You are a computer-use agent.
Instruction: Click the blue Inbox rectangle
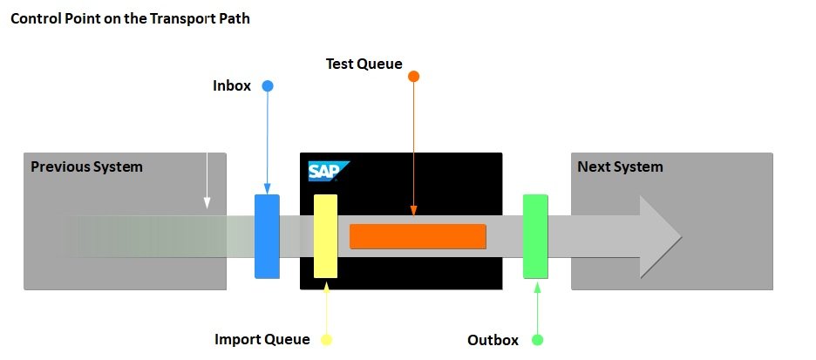pos(267,236)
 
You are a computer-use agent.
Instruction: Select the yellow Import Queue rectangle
pos(325,236)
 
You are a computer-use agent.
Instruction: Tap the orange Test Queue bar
pos(418,236)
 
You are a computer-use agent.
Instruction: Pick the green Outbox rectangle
pos(535,236)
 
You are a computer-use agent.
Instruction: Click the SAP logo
pos(328,171)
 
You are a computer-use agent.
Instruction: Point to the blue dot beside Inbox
pos(268,86)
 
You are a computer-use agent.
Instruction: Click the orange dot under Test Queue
pos(414,77)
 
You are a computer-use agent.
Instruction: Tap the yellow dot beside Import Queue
pos(327,339)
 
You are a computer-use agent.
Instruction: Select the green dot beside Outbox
pos(537,339)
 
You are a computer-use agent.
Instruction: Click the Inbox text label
pos(232,86)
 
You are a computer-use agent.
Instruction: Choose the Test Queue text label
pos(364,64)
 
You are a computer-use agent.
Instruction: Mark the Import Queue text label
pos(262,339)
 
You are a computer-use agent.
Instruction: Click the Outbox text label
pos(493,340)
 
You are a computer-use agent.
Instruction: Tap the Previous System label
pos(86,166)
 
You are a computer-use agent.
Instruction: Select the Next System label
pos(620,166)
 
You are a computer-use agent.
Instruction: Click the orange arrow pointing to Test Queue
pos(414,148)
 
